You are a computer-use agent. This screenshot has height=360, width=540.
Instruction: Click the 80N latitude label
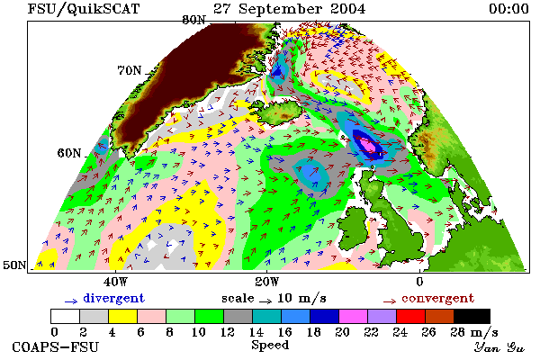193,21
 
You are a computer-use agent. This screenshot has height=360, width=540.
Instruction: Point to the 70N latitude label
130,70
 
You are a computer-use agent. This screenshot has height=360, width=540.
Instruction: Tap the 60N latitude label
69,153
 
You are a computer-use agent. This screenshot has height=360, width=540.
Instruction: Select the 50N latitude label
14,265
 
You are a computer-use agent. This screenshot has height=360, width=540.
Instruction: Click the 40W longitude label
115,282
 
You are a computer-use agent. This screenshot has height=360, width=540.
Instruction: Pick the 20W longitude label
267,282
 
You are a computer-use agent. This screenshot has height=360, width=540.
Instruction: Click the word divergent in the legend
114,298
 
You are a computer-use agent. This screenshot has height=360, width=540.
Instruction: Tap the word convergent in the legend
438,298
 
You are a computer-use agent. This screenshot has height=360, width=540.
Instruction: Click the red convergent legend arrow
390,301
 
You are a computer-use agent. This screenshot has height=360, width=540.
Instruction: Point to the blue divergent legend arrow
71,301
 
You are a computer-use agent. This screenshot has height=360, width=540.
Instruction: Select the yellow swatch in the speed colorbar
123,316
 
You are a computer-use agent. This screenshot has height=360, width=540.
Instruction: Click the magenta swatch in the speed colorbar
353,316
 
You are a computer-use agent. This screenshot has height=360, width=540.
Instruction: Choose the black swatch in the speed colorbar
472,316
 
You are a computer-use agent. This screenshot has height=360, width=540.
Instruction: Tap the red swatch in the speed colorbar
410,316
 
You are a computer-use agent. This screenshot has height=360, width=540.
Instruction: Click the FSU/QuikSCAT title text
84,9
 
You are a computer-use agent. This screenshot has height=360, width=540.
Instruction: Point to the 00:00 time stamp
509,9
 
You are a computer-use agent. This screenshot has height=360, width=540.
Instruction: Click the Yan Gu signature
499,347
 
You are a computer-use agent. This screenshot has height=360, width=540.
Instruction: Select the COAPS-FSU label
56,346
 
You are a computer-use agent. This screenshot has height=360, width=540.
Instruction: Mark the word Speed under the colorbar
270,346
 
